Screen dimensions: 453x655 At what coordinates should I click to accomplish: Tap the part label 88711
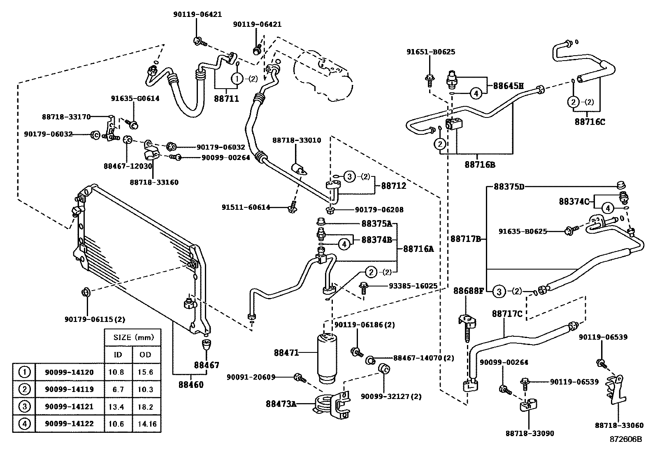pyautogui.click(x=226, y=99)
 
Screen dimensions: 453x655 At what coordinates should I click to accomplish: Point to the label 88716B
pyautogui.click(x=480, y=164)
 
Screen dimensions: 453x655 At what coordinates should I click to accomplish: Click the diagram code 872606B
pyautogui.click(x=626, y=439)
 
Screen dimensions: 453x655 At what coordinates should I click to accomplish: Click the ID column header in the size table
pyautogui.click(x=118, y=354)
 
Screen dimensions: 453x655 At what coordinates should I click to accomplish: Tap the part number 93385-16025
pyautogui.click(x=413, y=285)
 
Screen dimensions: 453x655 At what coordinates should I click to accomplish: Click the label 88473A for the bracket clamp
pyautogui.click(x=281, y=404)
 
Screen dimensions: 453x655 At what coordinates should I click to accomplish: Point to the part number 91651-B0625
pyautogui.click(x=431, y=52)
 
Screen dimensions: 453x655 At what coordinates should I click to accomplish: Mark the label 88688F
pyautogui.click(x=469, y=291)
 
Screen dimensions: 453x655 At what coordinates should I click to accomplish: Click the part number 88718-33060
pyautogui.click(x=619, y=425)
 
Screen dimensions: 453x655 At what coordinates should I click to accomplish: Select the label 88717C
pyautogui.click(x=507, y=314)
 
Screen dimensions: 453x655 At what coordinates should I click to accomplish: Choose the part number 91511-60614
pyautogui.click(x=246, y=207)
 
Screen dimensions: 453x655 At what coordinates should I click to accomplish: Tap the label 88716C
pyautogui.click(x=590, y=122)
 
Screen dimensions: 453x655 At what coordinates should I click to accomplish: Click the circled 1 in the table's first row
pyautogui.click(x=24, y=372)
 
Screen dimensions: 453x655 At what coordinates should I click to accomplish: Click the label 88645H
pyautogui.click(x=508, y=86)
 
